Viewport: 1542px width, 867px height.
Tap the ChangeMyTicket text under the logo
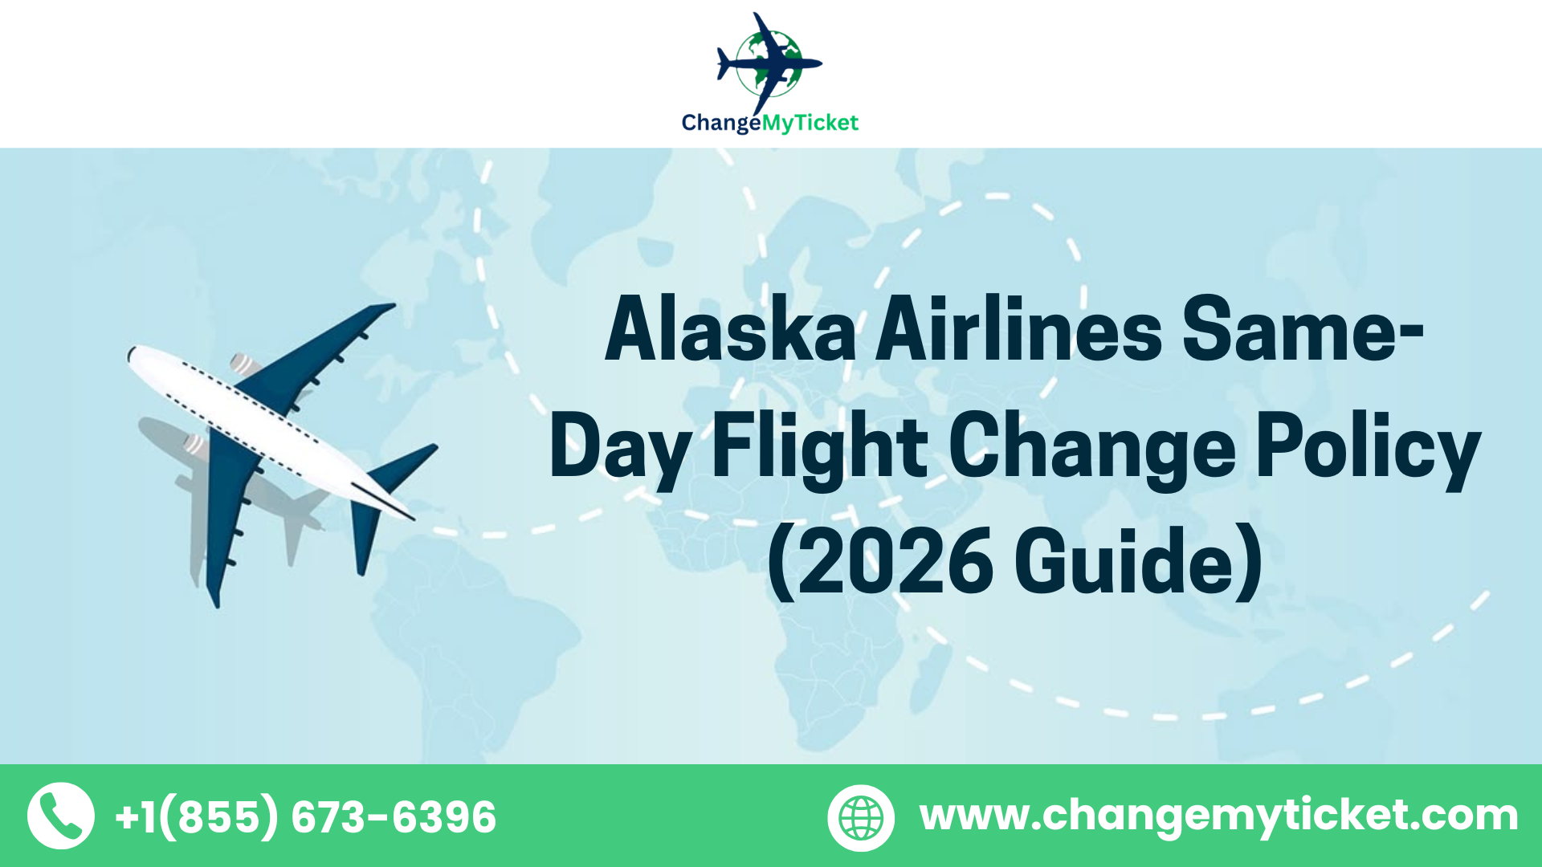pos(769,123)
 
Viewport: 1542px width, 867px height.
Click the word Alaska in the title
pos(730,330)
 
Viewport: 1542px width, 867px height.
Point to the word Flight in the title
pos(819,446)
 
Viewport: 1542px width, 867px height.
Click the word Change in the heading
pos(1092,446)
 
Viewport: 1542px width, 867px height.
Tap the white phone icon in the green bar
pos(61,816)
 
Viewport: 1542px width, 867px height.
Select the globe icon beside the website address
pos(861,817)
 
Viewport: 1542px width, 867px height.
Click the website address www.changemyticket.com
pos(1218,816)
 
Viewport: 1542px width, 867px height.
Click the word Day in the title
pos(619,446)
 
